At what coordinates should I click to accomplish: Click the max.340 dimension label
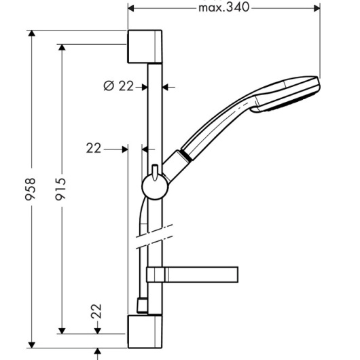(x=224, y=7)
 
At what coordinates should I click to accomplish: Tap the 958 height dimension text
(x=31, y=189)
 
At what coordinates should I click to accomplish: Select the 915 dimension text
(x=60, y=189)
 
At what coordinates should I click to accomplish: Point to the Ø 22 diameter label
(x=118, y=86)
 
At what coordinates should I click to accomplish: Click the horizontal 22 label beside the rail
(x=94, y=148)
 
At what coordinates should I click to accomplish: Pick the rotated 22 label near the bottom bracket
(x=96, y=311)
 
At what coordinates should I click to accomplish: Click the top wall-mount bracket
(x=145, y=46)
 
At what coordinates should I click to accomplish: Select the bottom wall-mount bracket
(x=145, y=331)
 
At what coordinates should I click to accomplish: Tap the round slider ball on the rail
(x=155, y=187)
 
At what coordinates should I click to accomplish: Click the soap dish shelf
(x=192, y=274)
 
